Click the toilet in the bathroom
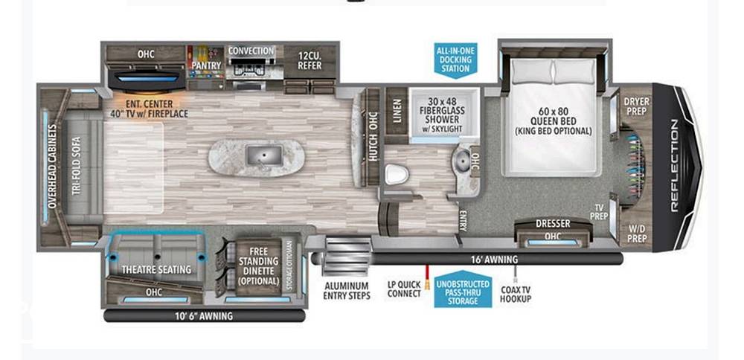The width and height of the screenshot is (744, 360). click(x=397, y=174)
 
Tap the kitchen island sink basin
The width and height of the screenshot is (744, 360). click(x=264, y=155)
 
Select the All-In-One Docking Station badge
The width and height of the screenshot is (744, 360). click(x=455, y=60)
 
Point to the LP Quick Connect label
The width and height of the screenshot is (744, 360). click(x=404, y=289)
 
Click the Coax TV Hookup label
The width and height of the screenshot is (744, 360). click(x=516, y=294)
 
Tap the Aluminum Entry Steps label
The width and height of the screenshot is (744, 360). click(x=346, y=291)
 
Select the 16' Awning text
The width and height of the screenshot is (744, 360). click(x=494, y=260)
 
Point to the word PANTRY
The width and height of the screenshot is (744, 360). click(x=206, y=65)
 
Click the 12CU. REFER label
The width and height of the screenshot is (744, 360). click(x=310, y=60)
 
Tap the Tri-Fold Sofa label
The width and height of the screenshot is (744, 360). click(x=77, y=166)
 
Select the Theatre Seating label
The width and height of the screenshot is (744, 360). click(x=156, y=269)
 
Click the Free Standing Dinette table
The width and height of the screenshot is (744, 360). click(x=259, y=266)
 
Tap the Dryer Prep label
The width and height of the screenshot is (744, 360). click(x=637, y=106)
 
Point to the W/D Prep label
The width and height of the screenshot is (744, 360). click(x=637, y=232)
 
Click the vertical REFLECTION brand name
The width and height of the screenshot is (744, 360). click(x=675, y=166)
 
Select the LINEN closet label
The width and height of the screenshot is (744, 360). click(x=397, y=111)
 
